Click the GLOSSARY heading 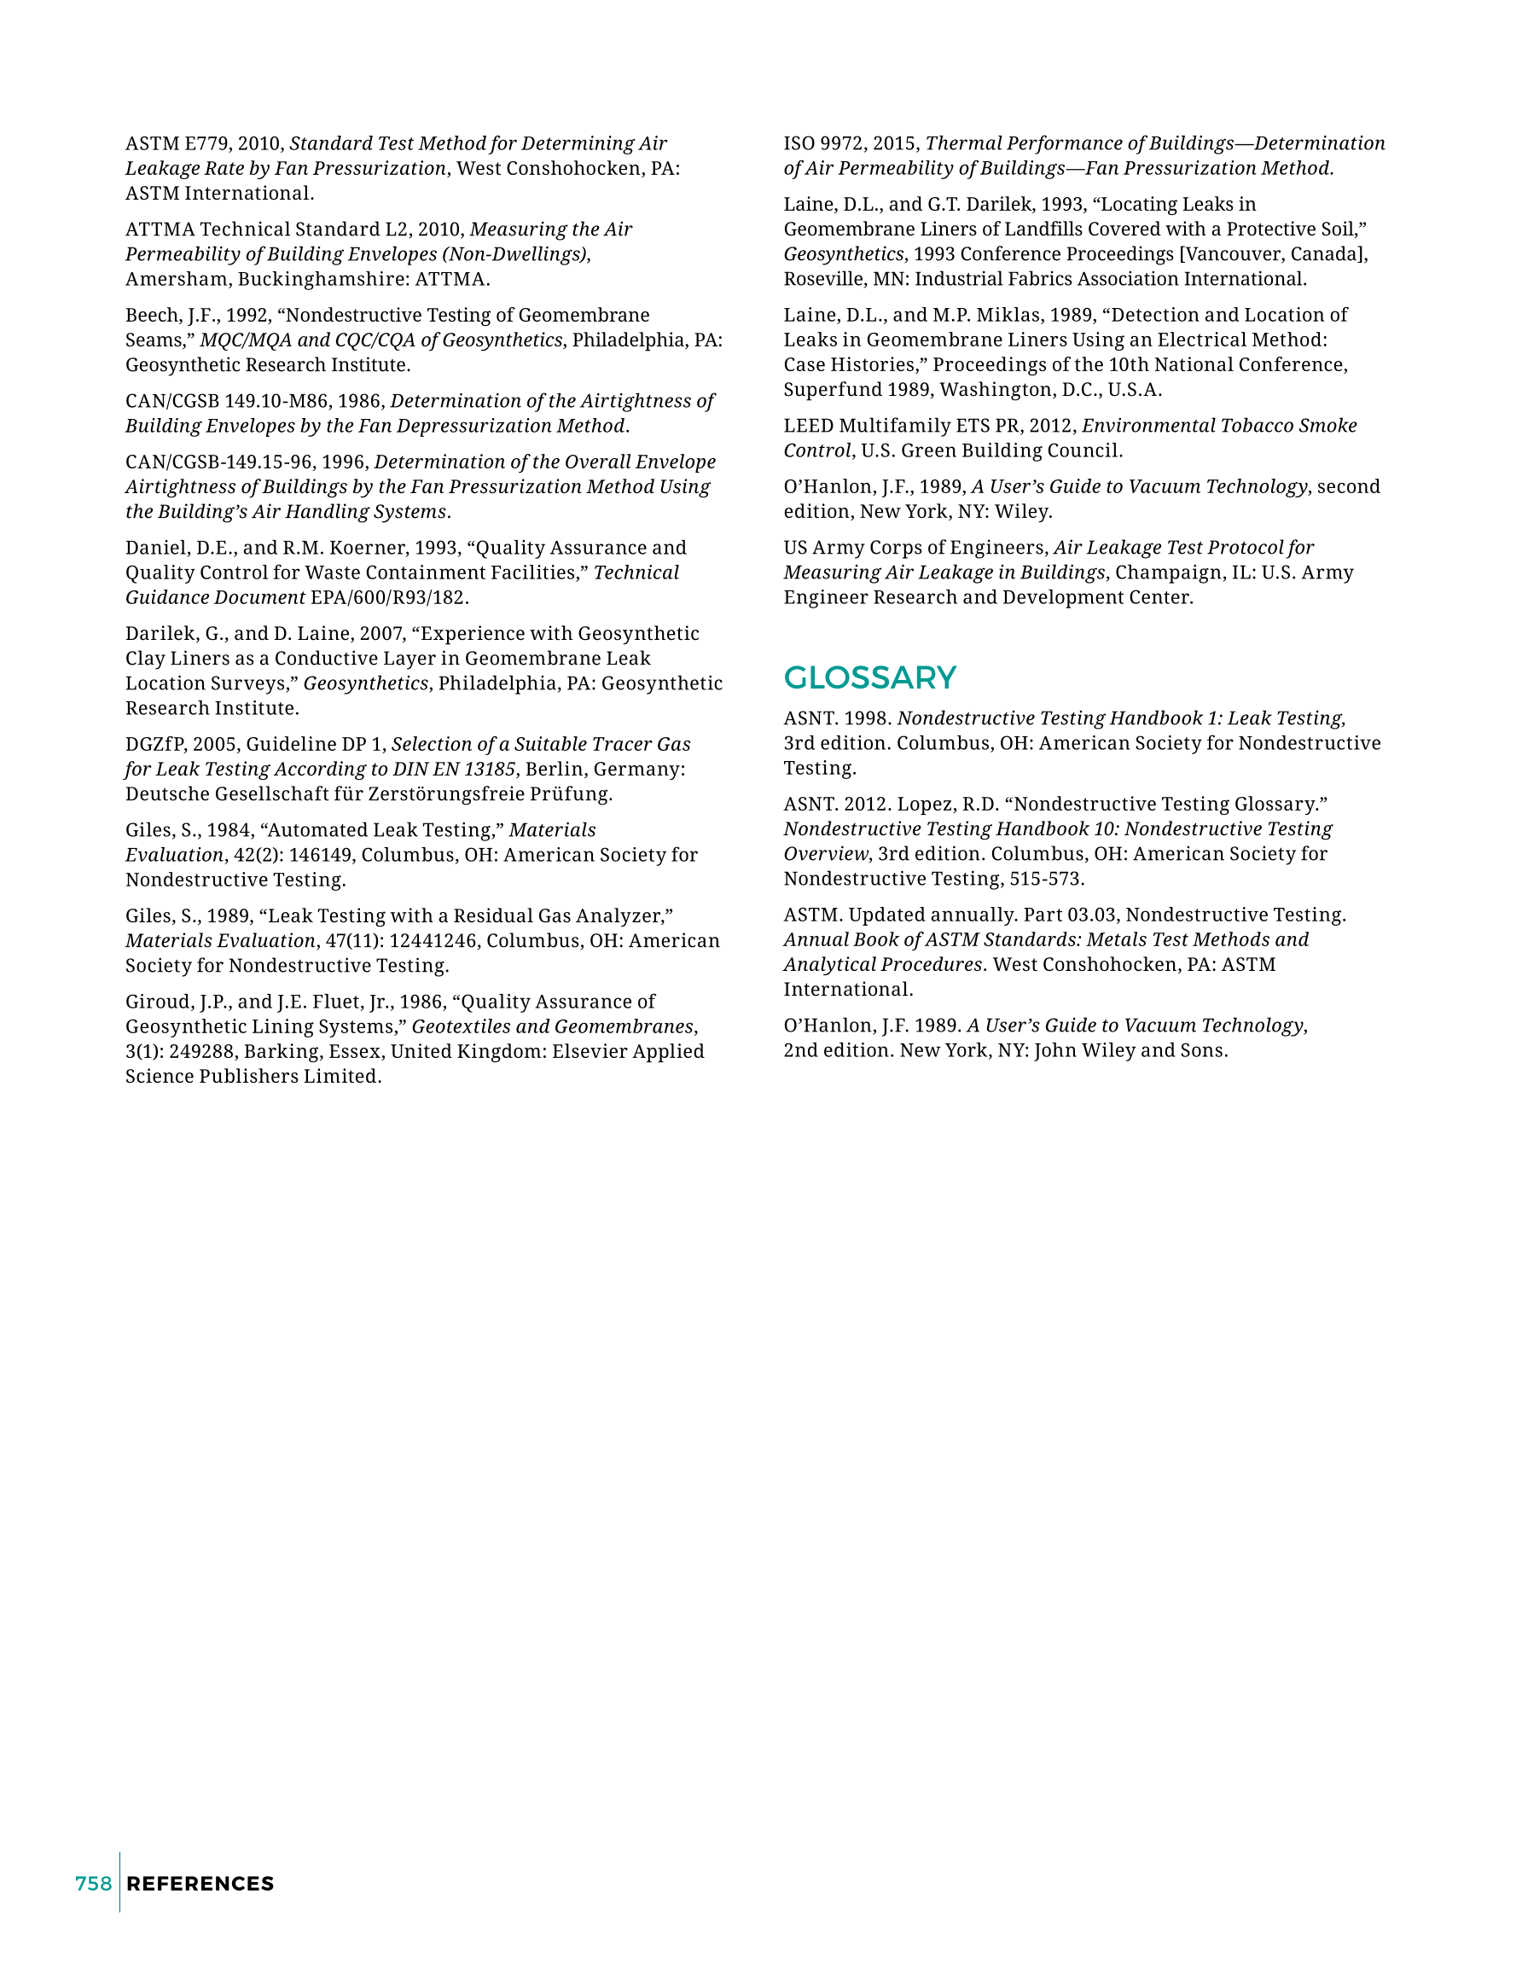869,677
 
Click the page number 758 94,1884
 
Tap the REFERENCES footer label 200,1884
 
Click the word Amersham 176,279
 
